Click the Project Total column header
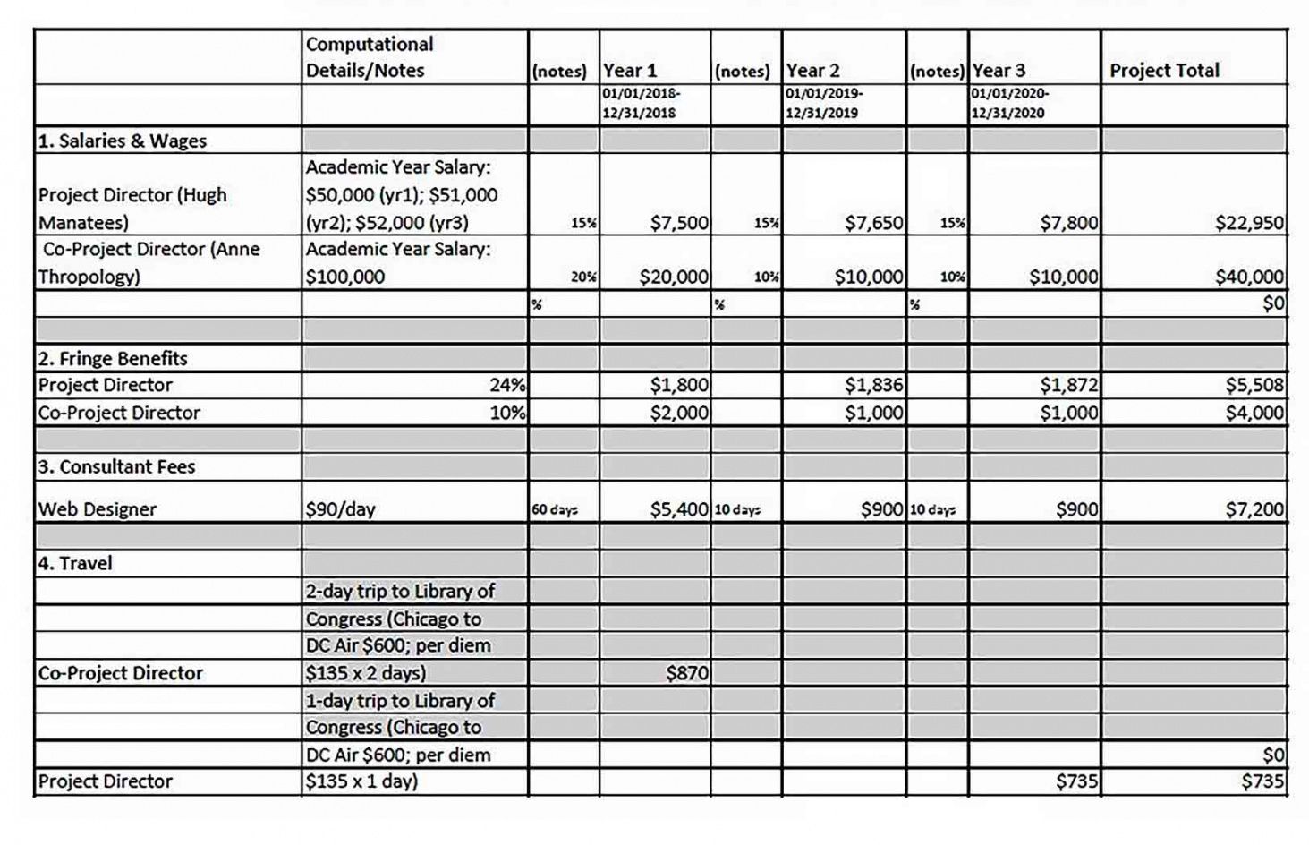pyautogui.click(x=1164, y=71)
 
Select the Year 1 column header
pyautogui.click(x=630, y=71)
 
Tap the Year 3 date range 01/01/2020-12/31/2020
pyautogui.click(x=1010, y=103)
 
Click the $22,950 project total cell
pyautogui.click(x=1249, y=223)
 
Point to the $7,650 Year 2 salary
pyautogui.click(x=873, y=223)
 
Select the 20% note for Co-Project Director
pyautogui.click(x=583, y=277)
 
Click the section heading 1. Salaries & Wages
pyautogui.click(x=123, y=141)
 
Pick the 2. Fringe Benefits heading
pyautogui.click(x=113, y=359)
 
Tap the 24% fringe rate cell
pyautogui.click(x=506, y=386)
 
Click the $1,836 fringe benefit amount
pyautogui.click(x=873, y=386)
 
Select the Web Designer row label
pyautogui.click(x=98, y=509)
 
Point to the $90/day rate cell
pyautogui.click(x=341, y=509)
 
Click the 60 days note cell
pyautogui.click(x=555, y=510)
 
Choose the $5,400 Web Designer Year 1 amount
pyautogui.click(x=679, y=509)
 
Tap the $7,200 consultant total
pyautogui.click(x=1254, y=509)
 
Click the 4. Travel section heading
pyautogui.click(x=75, y=563)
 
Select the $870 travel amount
pyautogui.click(x=687, y=673)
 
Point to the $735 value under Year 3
pyautogui.click(x=1076, y=781)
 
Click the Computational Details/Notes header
pyautogui.click(x=370, y=57)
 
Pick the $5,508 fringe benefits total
pyautogui.click(x=1254, y=386)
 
